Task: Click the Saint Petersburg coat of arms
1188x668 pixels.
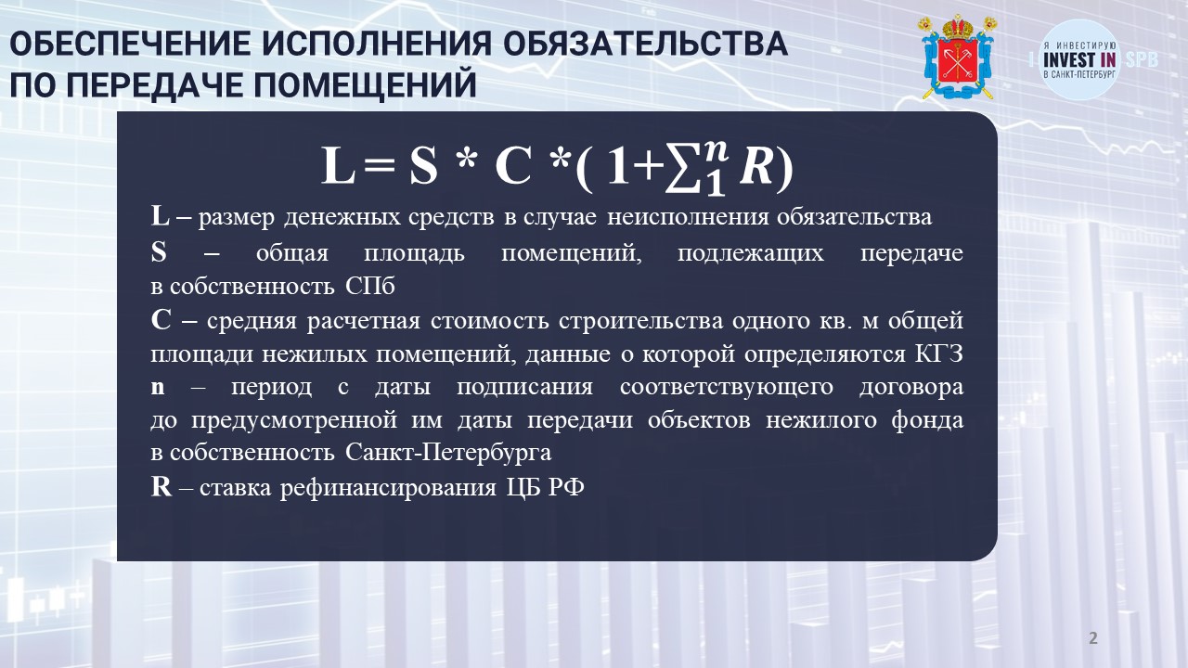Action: pyautogui.click(x=959, y=57)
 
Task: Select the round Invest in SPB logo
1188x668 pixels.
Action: pyautogui.click(x=1079, y=60)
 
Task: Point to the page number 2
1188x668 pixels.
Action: pyautogui.click(x=1093, y=637)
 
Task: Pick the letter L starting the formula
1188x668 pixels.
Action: pyautogui.click(x=338, y=166)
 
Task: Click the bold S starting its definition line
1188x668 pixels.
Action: pyautogui.click(x=159, y=252)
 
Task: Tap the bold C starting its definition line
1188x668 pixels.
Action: pyautogui.click(x=161, y=320)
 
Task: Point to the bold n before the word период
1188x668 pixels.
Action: pyautogui.click(x=158, y=388)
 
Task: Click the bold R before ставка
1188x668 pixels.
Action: pyautogui.click(x=161, y=487)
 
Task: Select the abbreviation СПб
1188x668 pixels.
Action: pyautogui.click(x=370, y=287)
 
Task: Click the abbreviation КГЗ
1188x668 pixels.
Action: pyautogui.click(x=938, y=354)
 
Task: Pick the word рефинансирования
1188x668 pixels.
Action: pyautogui.click(x=388, y=488)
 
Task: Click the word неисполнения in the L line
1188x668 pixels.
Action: pyautogui.click(x=688, y=217)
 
